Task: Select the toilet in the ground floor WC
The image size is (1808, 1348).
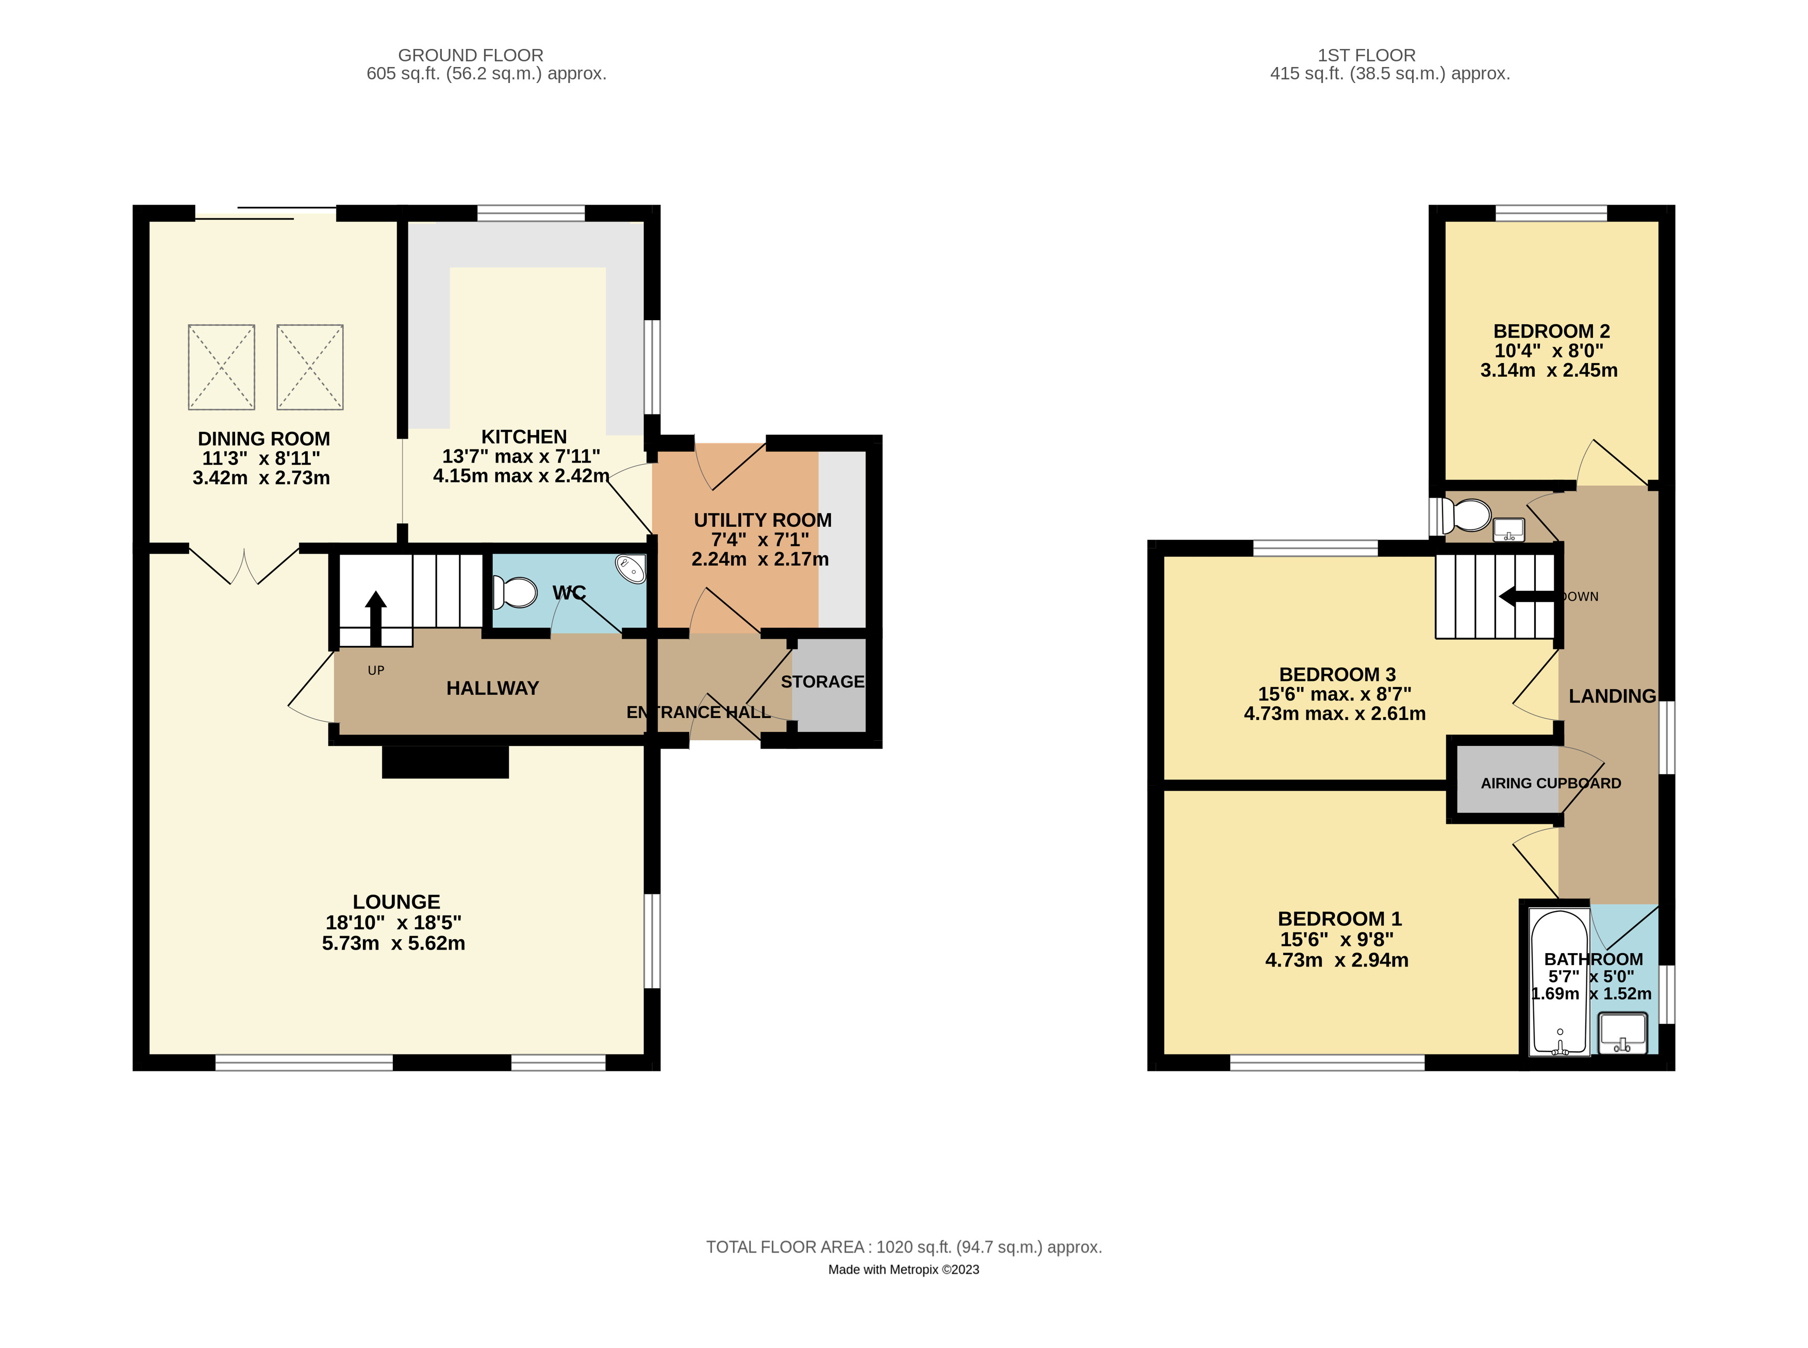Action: pos(515,592)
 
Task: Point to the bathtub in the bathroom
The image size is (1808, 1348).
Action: pos(1559,983)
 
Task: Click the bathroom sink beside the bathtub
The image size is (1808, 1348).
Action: pos(1622,1032)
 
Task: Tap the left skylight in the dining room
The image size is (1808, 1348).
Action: pos(221,367)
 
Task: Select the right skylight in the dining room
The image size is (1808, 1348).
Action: pos(310,367)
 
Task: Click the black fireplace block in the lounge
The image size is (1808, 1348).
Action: pos(445,762)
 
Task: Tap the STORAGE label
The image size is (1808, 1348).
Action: pos(822,681)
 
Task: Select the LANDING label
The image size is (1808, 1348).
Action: pos(1612,696)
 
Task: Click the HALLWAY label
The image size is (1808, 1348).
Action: pos(492,688)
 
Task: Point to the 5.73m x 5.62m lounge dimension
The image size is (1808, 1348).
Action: pos(393,943)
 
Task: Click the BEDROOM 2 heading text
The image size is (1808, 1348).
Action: pos(1550,331)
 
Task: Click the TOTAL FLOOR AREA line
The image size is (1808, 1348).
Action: pos(903,1247)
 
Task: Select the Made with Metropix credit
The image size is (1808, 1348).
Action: pos(903,1270)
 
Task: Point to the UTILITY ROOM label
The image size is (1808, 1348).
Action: pos(762,520)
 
